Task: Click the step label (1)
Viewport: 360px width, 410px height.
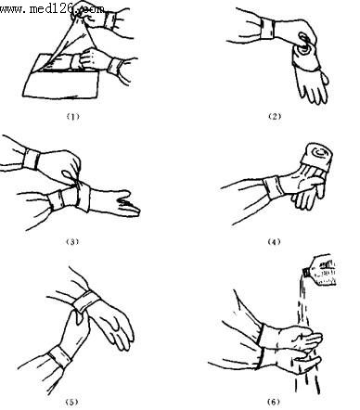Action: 73,117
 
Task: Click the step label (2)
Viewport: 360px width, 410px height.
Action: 275,117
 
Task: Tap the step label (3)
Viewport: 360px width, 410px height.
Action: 72,241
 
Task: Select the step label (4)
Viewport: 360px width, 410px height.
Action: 274,241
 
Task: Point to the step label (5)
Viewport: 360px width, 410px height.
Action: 71,402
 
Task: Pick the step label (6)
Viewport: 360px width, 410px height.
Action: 274,402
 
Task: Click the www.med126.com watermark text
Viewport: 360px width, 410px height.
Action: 52,8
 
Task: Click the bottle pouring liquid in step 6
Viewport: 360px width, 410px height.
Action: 320,270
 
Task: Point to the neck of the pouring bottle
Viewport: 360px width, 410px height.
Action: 306,272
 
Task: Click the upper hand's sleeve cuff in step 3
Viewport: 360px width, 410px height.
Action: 32,159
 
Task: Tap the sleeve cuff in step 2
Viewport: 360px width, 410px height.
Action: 267,29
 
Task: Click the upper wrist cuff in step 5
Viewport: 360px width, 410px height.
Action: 86,301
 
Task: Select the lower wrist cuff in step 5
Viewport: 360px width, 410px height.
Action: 59,356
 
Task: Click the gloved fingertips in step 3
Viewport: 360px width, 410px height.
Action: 129,205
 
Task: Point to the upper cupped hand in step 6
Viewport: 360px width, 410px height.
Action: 298,338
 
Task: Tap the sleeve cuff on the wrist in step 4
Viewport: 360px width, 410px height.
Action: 274,186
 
